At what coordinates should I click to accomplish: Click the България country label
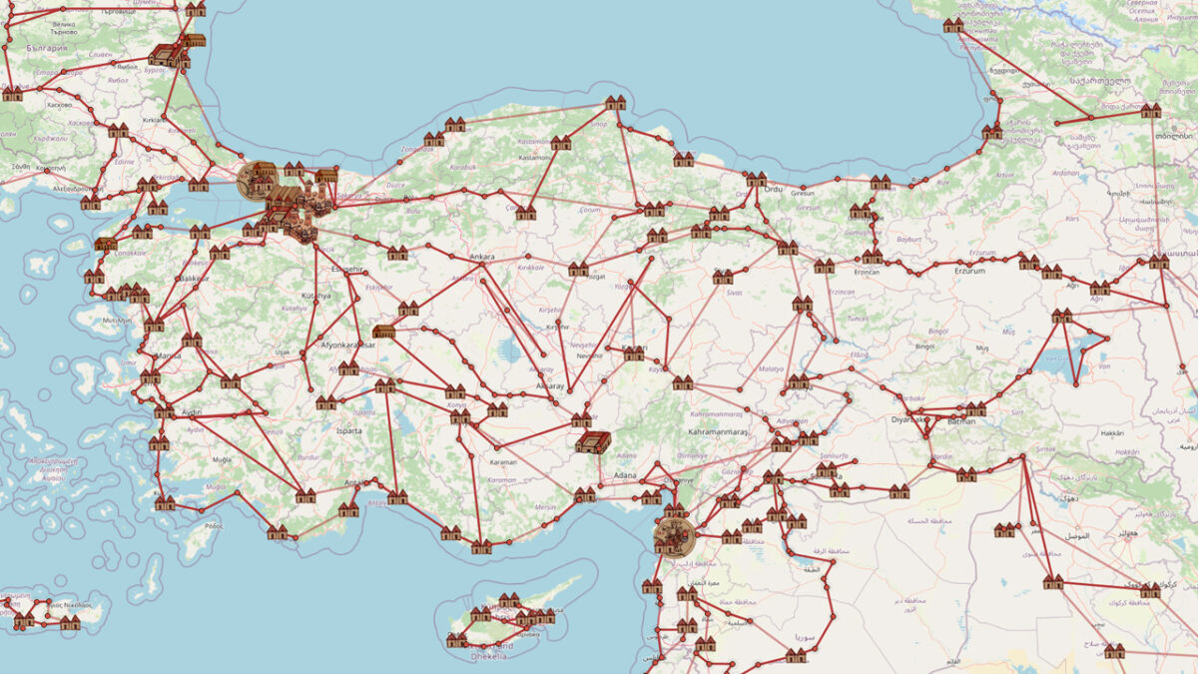47,48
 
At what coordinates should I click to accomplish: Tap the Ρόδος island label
214,525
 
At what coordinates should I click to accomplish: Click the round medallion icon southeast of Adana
672,536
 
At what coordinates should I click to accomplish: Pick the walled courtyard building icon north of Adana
593,442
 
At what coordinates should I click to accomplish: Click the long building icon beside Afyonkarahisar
383,331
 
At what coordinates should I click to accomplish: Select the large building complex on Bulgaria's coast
165,56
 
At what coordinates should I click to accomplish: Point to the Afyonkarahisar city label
346,344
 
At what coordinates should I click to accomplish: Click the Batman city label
962,421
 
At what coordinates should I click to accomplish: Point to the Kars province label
1102,217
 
